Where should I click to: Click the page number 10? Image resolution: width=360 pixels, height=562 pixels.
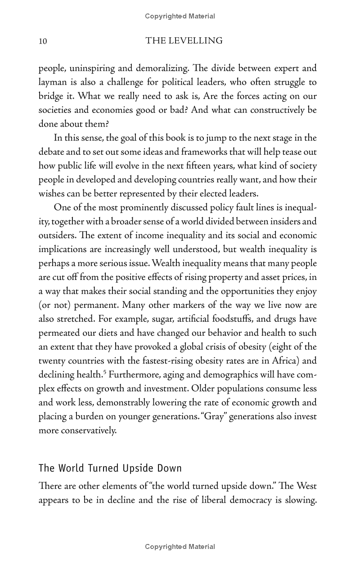43,41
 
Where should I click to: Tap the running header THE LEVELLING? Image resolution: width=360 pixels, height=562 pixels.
184,41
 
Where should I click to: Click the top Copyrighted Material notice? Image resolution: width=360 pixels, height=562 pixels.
180,16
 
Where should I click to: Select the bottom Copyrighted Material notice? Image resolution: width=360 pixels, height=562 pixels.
180,547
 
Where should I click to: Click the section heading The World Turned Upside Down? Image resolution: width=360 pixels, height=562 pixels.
110,468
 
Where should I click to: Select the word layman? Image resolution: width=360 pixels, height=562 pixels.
53,82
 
